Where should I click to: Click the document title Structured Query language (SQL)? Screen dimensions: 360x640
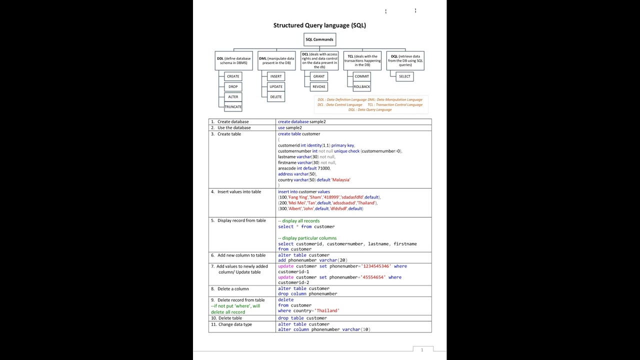(x=319, y=25)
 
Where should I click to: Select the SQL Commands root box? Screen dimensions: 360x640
(x=319, y=39)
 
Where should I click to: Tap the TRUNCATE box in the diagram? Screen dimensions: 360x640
(x=233, y=106)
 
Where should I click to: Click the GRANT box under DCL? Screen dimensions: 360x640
(x=319, y=76)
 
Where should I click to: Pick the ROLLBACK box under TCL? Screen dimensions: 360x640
(x=361, y=86)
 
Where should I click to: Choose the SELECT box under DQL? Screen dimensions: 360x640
(x=404, y=76)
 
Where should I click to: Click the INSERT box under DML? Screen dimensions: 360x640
(x=276, y=76)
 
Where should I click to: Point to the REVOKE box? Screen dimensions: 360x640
(x=319, y=86)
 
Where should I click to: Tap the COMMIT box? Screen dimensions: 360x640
(x=361, y=76)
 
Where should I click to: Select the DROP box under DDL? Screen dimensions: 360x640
(x=233, y=86)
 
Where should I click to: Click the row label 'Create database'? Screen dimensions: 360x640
(x=232, y=122)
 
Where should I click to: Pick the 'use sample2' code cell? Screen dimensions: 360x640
(x=290, y=128)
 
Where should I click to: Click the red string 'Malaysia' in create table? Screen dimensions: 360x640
(x=341, y=180)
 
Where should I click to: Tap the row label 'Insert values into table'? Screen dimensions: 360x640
(x=239, y=192)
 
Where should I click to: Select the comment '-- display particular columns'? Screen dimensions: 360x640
(x=307, y=238)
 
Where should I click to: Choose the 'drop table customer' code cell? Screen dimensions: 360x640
(x=302, y=318)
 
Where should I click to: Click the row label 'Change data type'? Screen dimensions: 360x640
(x=234, y=324)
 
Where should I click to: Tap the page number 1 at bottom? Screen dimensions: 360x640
(x=422, y=350)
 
